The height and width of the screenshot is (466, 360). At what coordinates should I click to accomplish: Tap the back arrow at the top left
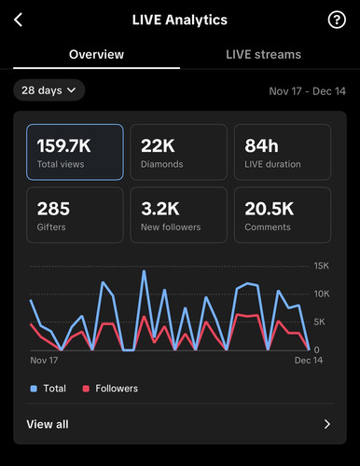(x=19, y=20)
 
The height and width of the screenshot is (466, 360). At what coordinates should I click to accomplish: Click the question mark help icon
(x=337, y=20)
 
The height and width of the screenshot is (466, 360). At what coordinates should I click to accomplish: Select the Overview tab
(x=96, y=54)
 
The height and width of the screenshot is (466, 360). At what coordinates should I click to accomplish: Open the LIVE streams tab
(x=263, y=54)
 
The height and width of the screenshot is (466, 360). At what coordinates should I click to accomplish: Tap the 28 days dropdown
(x=48, y=90)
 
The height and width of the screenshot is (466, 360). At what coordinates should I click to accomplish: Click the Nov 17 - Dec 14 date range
(x=307, y=91)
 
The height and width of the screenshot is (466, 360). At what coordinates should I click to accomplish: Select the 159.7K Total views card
(x=75, y=152)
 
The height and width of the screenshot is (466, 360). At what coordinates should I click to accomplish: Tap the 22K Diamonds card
(x=179, y=152)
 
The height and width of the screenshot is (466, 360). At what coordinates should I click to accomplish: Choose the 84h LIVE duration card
(x=283, y=152)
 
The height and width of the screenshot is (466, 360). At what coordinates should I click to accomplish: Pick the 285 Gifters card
(x=75, y=214)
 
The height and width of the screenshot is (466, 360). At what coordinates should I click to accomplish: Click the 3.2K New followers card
(x=179, y=214)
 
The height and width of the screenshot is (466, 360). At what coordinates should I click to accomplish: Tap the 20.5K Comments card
(x=283, y=214)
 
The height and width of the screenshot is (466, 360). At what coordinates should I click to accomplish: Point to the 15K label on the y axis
(x=322, y=266)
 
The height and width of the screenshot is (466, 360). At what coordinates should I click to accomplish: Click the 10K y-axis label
(x=322, y=294)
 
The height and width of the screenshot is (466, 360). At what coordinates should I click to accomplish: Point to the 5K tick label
(x=319, y=322)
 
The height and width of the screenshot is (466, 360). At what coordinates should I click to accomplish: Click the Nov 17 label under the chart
(x=44, y=361)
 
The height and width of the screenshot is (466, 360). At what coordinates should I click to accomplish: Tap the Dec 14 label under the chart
(x=309, y=361)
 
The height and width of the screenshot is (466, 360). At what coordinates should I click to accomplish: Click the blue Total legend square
(x=34, y=389)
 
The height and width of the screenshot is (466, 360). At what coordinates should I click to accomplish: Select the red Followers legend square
(x=86, y=389)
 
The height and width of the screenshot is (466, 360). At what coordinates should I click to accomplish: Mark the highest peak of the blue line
(x=144, y=271)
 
